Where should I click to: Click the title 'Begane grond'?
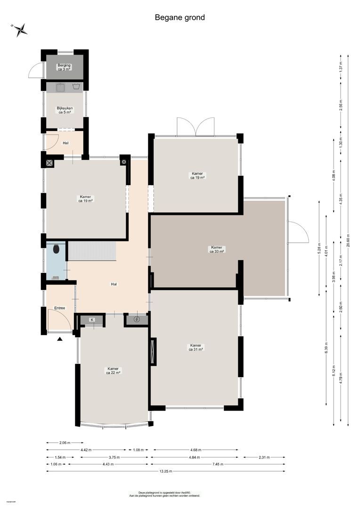coord(180,17)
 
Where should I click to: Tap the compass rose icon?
coord(20,30)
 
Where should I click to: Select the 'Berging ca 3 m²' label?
coord(64,67)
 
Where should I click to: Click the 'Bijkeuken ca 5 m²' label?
coord(65,110)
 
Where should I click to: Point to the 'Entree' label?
coord(59,308)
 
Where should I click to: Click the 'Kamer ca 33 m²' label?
coord(217,249)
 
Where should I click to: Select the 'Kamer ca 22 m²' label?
coord(113,370)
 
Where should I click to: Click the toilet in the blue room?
coord(56,249)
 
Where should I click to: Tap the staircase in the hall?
coord(92,250)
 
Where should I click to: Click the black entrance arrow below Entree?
coord(60,338)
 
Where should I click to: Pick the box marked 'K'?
coord(92,320)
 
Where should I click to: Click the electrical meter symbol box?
coord(137,320)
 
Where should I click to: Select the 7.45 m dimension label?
coord(217,464)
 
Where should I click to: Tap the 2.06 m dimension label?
coord(65,443)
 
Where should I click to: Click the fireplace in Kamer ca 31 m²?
coord(153,351)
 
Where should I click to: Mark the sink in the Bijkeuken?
coord(61,87)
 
